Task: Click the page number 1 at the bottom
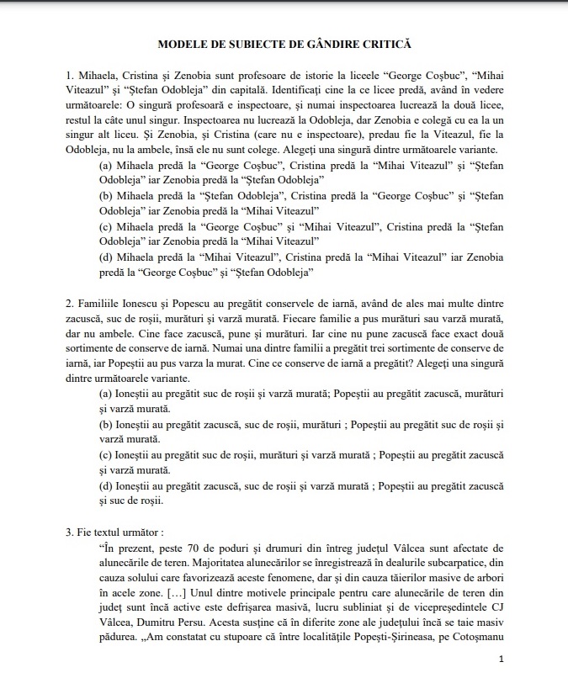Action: [501, 660]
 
